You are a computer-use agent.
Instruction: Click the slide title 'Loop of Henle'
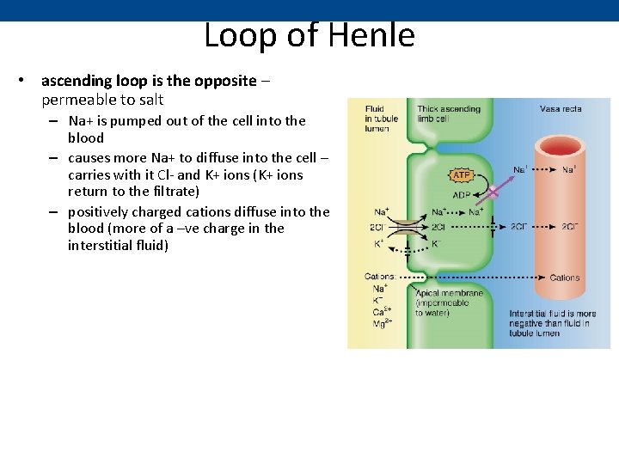tap(309, 36)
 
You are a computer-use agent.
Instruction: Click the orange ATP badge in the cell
tap(461, 175)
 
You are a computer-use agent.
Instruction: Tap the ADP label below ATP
tap(461, 194)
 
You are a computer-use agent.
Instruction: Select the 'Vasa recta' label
tap(561, 109)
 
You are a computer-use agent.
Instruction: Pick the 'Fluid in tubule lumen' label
tap(377, 119)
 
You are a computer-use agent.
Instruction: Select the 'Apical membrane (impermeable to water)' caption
tap(449, 302)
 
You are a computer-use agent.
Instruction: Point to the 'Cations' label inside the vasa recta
tap(565, 278)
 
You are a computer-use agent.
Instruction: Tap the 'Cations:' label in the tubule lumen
tap(380, 277)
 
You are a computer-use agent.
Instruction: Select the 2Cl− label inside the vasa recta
tap(569, 227)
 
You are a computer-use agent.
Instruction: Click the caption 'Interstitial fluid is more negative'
tap(552, 323)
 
